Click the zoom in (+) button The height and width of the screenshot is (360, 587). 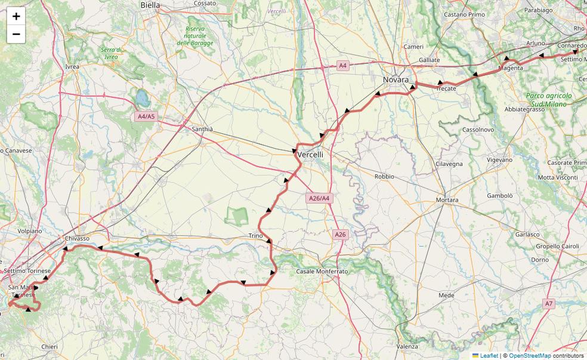tap(16, 16)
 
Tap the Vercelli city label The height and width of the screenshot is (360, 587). tap(310, 155)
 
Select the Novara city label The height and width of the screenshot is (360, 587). tap(396, 79)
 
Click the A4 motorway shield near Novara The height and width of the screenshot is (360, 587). tap(342, 66)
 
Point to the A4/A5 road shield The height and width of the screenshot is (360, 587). tap(146, 116)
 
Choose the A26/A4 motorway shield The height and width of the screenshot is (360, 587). tap(320, 198)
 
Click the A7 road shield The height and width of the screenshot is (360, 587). tap(549, 304)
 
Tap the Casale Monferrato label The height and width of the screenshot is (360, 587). tap(322, 272)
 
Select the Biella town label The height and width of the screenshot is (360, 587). tap(150, 5)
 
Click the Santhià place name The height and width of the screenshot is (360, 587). tap(202, 129)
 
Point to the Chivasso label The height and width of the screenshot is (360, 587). tap(77, 238)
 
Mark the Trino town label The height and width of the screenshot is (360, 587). tap(255, 236)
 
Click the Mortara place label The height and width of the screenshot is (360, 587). tap(447, 200)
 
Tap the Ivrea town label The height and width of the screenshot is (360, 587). tap(72, 67)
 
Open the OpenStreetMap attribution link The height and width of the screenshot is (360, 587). tap(530, 355)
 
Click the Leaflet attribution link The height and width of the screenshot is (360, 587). tap(489, 355)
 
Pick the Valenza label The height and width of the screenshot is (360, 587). tap(407, 346)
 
